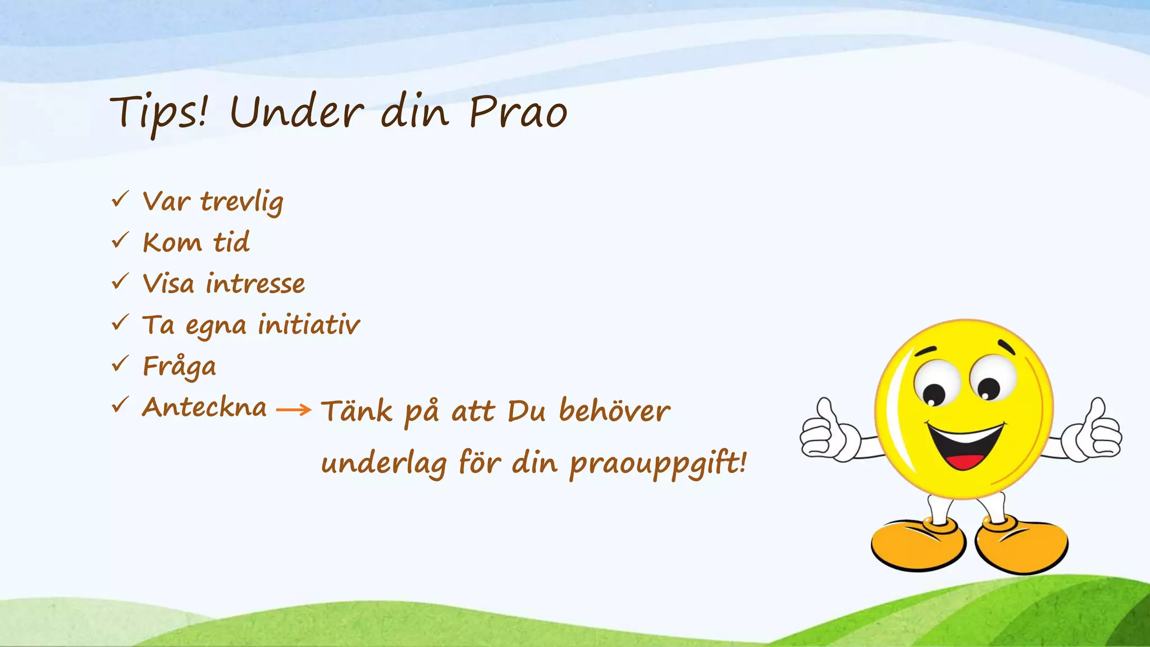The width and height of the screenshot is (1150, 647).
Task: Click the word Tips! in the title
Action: [x=159, y=112]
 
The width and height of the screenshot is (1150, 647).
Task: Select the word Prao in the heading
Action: [x=518, y=112]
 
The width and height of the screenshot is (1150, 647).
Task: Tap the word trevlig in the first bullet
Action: [x=242, y=202]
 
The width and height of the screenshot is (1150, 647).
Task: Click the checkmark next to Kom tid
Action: [x=120, y=240]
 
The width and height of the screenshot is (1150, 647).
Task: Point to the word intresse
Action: [x=255, y=284]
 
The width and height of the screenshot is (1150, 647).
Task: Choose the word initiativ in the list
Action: [x=309, y=325]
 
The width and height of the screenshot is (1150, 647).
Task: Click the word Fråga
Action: [x=179, y=367]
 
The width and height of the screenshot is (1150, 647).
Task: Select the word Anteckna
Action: [x=204, y=407]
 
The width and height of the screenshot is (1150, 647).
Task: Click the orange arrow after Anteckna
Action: [x=294, y=410]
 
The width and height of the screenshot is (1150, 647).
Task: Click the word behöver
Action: [x=614, y=411]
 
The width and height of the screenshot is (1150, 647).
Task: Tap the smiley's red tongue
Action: [x=965, y=461]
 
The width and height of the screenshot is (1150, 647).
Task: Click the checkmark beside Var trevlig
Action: [x=120, y=199]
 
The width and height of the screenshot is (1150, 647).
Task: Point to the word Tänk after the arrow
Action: [x=357, y=411]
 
